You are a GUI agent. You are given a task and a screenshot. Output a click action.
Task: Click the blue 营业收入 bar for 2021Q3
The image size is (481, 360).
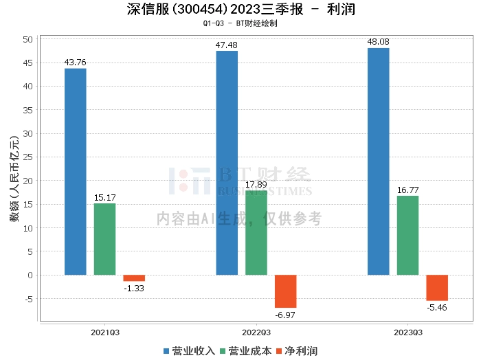click(76, 172)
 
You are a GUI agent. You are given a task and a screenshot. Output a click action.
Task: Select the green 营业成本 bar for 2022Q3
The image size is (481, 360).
click(256, 233)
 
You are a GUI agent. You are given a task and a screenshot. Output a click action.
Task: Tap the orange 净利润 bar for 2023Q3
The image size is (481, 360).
click(437, 288)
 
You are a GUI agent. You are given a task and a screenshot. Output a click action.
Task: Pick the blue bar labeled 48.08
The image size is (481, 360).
click(378, 161)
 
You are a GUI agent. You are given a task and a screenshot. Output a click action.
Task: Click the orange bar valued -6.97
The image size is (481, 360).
click(286, 291)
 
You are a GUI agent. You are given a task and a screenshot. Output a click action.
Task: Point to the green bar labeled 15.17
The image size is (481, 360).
click(105, 239)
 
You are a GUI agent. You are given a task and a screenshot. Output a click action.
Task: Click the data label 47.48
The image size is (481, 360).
click(227, 45)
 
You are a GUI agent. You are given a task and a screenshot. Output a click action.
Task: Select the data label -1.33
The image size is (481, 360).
click(134, 288)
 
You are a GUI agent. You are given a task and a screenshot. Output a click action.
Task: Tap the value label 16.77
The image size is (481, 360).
click(407, 190)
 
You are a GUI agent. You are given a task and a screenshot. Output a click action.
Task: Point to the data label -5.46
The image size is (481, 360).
click(437, 307)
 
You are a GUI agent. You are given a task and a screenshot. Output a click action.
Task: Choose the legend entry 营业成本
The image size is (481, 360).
click(245, 351)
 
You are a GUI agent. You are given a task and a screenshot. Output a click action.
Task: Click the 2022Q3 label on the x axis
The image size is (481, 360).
click(256, 332)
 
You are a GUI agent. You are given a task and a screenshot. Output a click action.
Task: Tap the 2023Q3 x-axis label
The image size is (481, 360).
click(407, 332)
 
